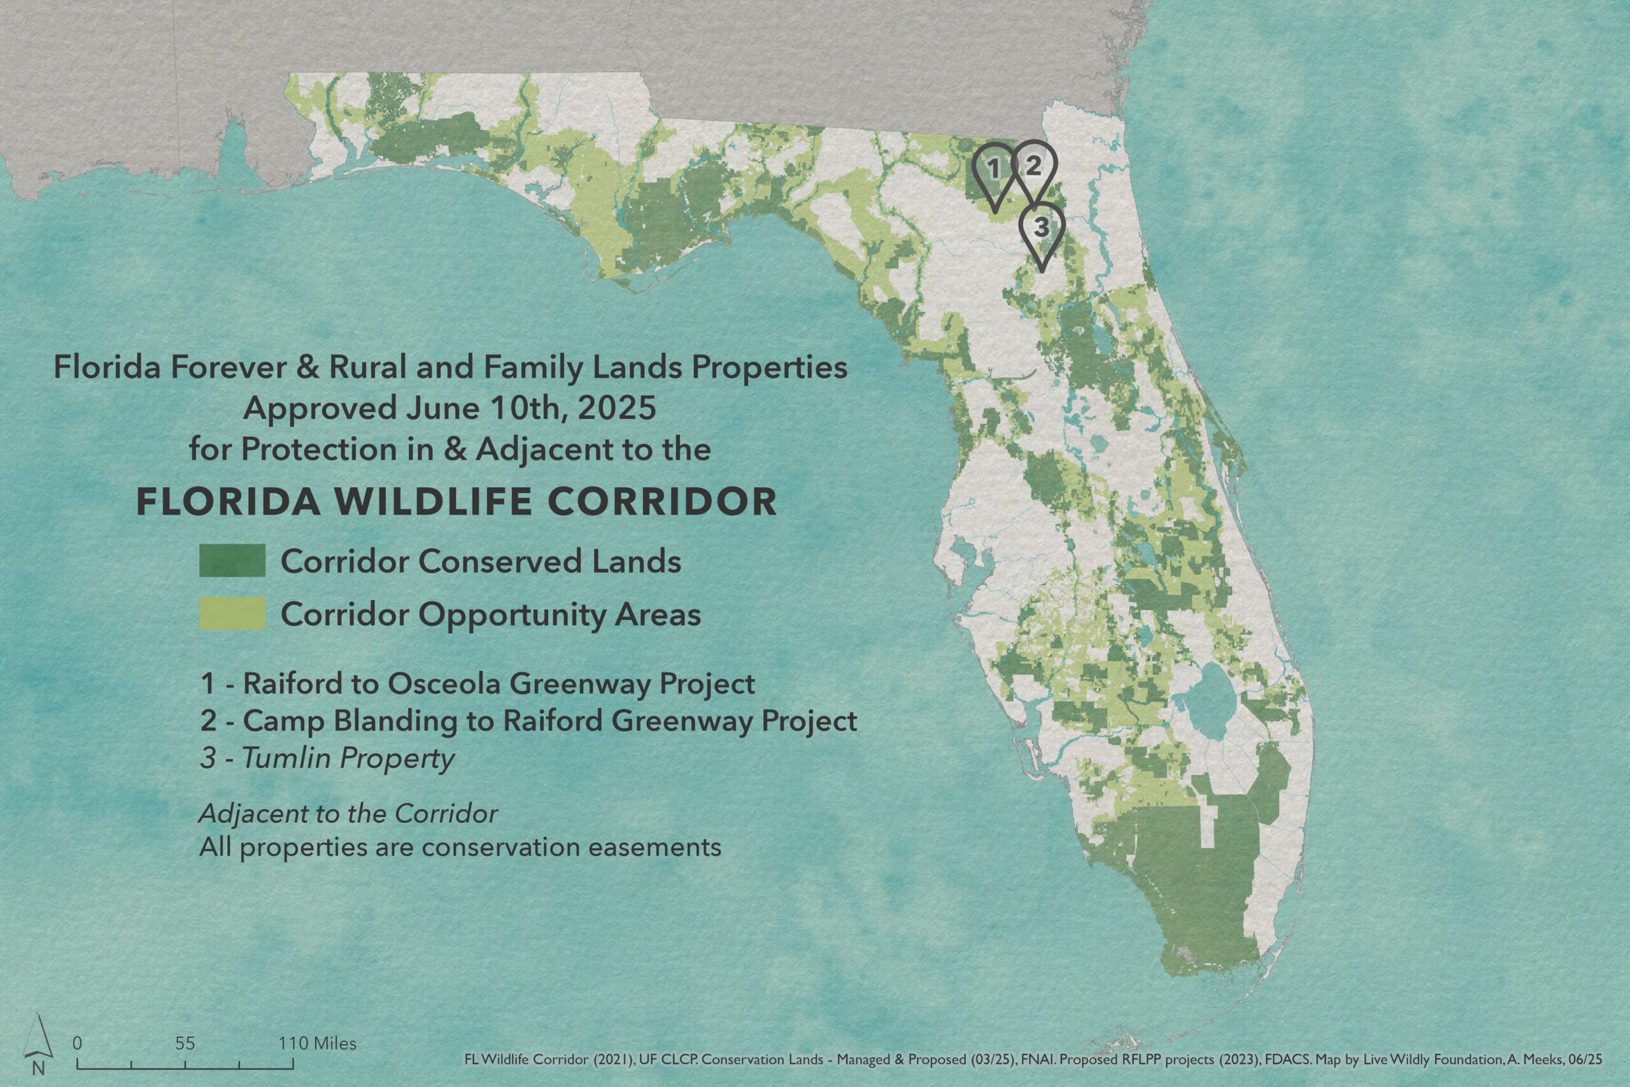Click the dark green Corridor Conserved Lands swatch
click(232, 560)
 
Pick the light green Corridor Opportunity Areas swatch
click(232, 613)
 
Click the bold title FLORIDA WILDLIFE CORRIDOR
click(457, 502)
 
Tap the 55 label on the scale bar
click(185, 1043)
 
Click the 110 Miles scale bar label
click(318, 1043)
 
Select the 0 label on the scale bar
click(78, 1043)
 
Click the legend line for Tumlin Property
click(327, 759)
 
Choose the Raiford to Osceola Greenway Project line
click(478, 684)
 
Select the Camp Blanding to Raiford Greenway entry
click(528, 721)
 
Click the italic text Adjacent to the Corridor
click(348, 813)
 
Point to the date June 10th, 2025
click(531, 408)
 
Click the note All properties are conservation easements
click(460, 848)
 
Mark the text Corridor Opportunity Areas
click(491, 615)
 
